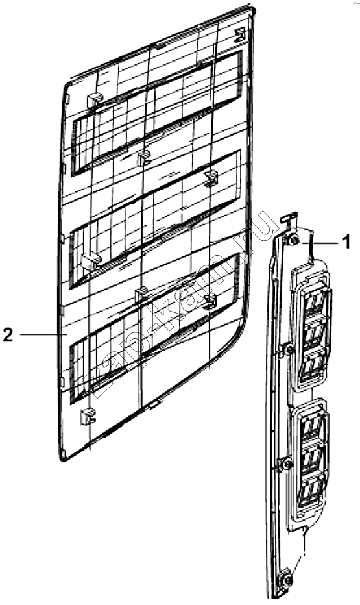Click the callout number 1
pyautogui.click(x=346, y=242)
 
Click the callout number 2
pyautogui.click(x=8, y=334)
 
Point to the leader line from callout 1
pyautogui.click(x=319, y=243)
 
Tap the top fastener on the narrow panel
pyautogui.click(x=294, y=241)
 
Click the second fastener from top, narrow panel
pyautogui.click(x=288, y=350)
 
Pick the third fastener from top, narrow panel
pyautogui.click(x=287, y=463)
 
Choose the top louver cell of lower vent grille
pyautogui.click(x=314, y=428)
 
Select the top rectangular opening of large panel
pyautogui.click(x=156, y=113)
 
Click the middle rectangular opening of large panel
pyautogui.click(x=154, y=219)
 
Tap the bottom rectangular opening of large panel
pyautogui.click(x=154, y=328)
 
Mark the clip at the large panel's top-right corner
pyautogui.click(x=240, y=34)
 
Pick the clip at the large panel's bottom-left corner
pyautogui.click(x=87, y=416)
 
